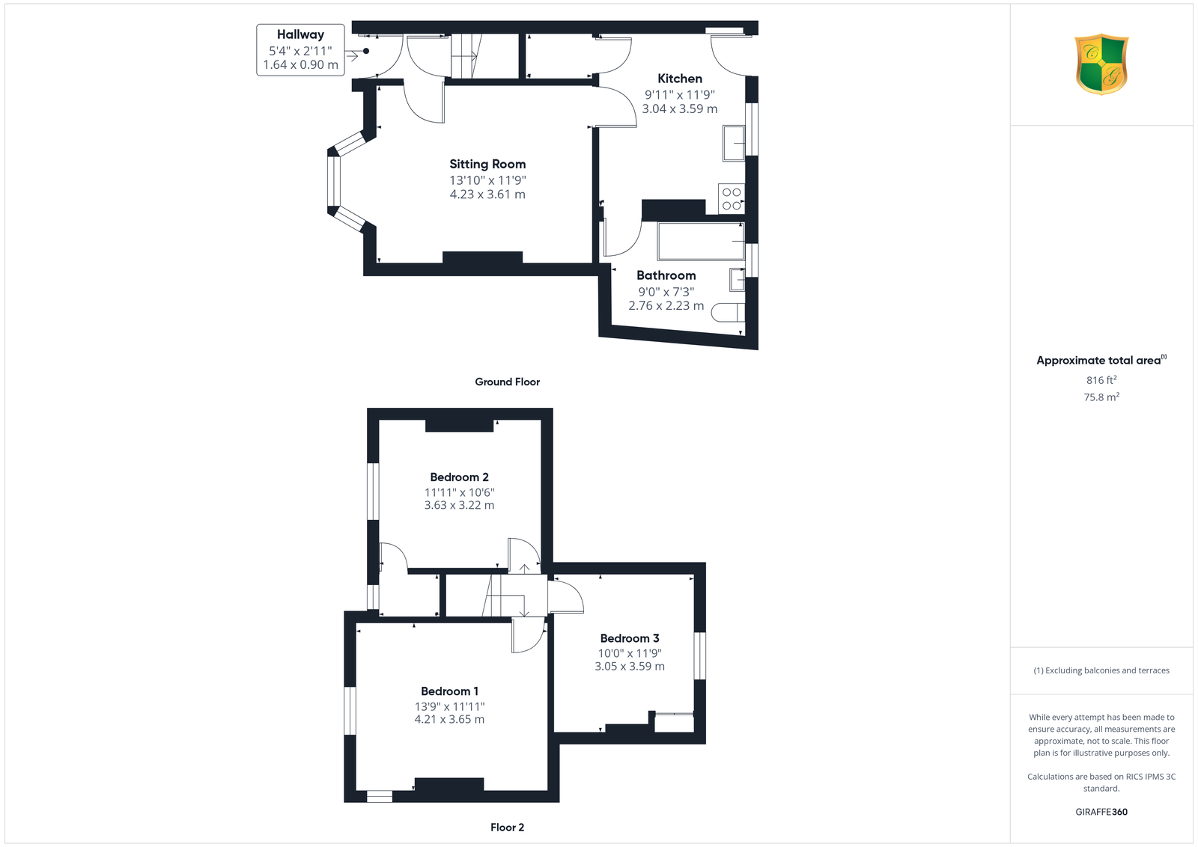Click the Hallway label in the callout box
click(x=300, y=34)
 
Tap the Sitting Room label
click(x=487, y=165)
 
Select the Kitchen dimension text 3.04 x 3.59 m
click(x=679, y=109)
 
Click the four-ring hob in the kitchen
click(x=731, y=199)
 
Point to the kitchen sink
click(x=733, y=143)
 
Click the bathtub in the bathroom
click(x=701, y=241)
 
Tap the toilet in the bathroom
click(x=728, y=313)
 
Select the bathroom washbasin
click(x=737, y=280)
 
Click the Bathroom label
click(x=666, y=276)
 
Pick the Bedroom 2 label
click(x=459, y=477)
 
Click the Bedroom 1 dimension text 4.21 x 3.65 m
click(x=449, y=719)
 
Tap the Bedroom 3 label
click(x=630, y=638)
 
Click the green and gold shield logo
click(x=1101, y=64)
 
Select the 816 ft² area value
click(x=1101, y=380)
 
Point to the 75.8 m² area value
click(x=1101, y=397)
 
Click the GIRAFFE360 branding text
click(x=1101, y=812)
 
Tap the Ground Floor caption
click(x=507, y=382)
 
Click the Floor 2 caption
click(x=507, y=828)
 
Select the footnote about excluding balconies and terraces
click(x=1101, y=670)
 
